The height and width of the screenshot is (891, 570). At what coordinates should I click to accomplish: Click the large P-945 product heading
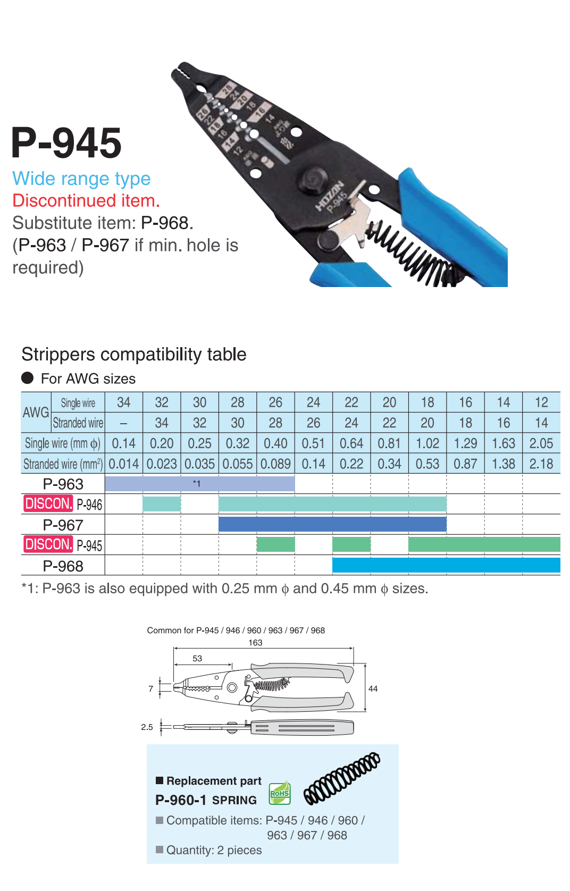pyautogui.click(x=66, y=143)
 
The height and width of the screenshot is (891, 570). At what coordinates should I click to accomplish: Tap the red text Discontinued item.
pyautogui.click(x=86, y=201)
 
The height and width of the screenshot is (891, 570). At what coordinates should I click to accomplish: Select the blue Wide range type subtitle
pyautogui.click(x=81, y=179)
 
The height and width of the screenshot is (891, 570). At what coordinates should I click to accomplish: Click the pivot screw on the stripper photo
pyautogui.click(x=313, y=178)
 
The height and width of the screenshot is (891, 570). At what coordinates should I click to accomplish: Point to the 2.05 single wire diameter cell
pyautogui.click(x=541, y=443)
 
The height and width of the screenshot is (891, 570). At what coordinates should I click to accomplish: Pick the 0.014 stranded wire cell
pyautogui.click(x=123, y=464)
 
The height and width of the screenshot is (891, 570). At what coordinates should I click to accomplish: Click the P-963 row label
pyautogui.click(x=63, y=484)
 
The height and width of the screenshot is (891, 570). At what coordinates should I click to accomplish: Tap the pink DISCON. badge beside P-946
pyautogui.click(x=48, y=503)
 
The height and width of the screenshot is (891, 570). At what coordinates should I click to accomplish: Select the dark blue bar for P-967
pyautogui.click(x=332, y=525)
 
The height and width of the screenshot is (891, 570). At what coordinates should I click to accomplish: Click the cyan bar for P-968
pyautogui.click(x=446, y=565)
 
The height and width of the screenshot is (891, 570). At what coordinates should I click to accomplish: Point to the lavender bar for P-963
pyautogui.click(x=199, y=484)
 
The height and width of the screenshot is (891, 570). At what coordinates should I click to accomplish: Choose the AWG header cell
pyautogui.click(x=36, y=413)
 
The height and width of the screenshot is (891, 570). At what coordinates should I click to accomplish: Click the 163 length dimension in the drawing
pyautogui.click(x=255, y=643)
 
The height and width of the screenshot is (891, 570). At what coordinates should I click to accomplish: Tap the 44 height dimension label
pyautogui.click(x=373, y=689)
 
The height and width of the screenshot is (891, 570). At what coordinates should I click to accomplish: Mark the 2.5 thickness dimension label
pyautogui.click(x=147, y=727)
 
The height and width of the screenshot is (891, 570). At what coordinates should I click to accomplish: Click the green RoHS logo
pyautogui.click(x=280, y=793)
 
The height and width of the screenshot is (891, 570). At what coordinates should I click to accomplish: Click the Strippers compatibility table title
pyautogui.click(x=134, y=355)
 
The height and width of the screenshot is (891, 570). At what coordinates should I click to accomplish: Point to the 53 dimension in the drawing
pyautogui.click(x=197, y=659)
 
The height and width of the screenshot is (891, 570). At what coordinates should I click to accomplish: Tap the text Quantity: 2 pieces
pyautogui.click(x=214, y=850)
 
